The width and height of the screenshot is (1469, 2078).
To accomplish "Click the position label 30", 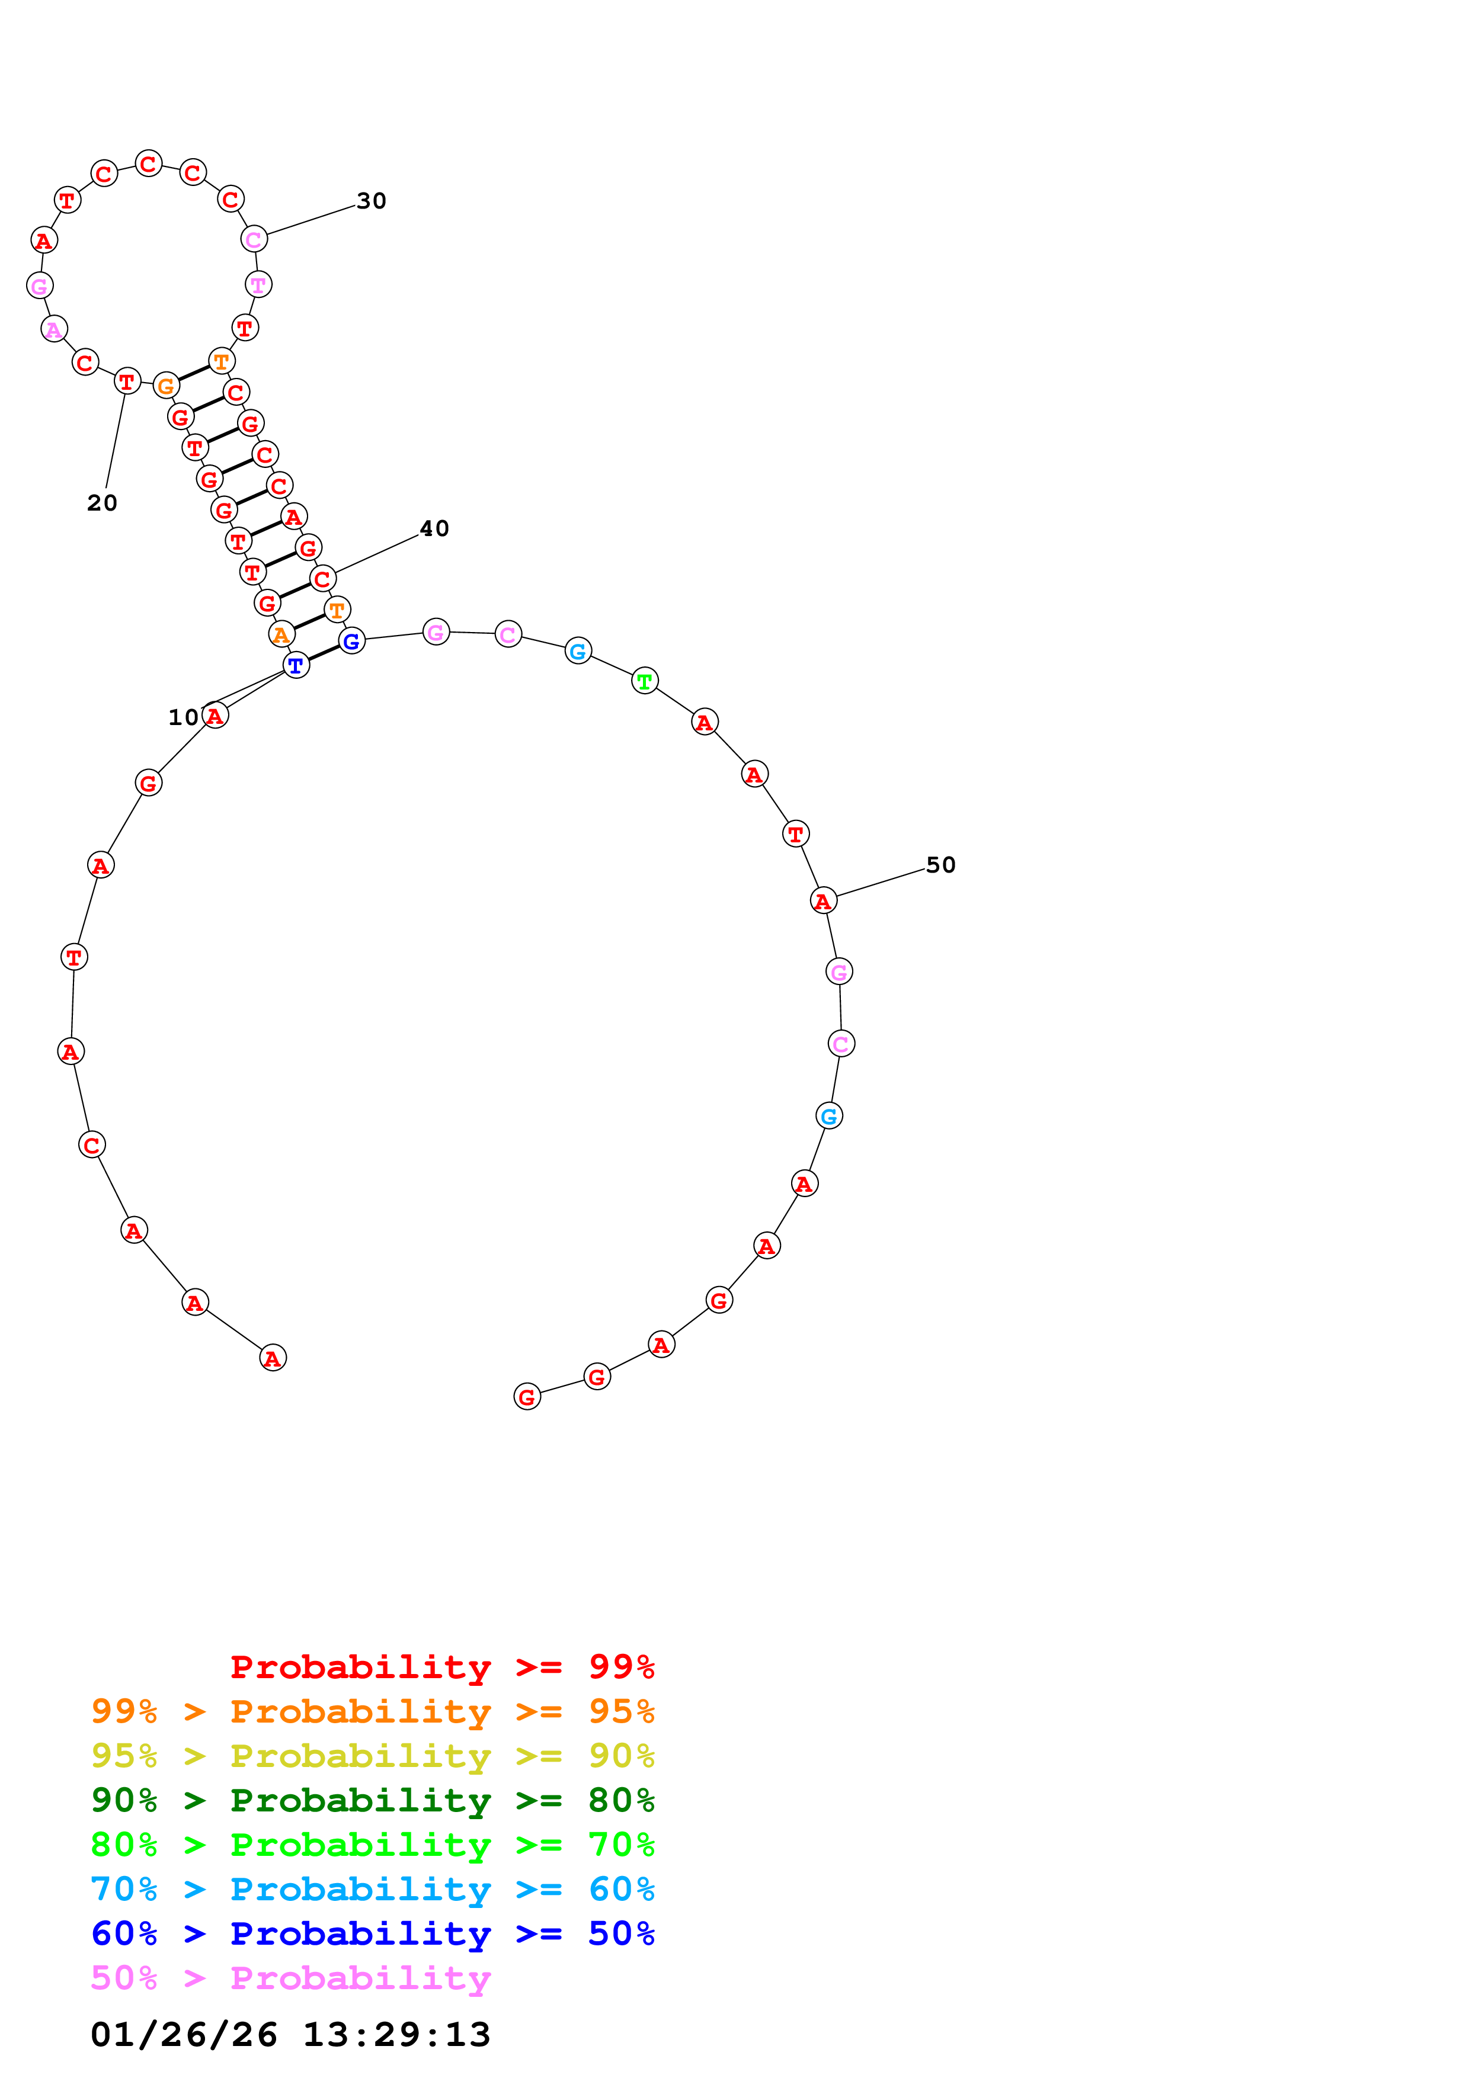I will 371,201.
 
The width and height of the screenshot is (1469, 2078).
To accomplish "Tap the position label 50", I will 940,865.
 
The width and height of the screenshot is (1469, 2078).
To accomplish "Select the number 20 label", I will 103,503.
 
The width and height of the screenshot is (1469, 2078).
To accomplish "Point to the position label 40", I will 434,528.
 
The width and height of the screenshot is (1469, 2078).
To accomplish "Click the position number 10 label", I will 183,718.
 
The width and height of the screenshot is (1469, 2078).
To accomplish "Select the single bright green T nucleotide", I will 645,681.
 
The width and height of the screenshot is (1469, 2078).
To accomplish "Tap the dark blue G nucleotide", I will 352,642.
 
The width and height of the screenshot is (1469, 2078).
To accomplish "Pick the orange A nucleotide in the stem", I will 281,636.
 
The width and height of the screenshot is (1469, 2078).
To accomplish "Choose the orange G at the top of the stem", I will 166,386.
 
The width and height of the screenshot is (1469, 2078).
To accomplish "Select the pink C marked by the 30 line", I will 254,240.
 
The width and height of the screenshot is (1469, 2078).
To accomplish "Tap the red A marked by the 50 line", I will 822,902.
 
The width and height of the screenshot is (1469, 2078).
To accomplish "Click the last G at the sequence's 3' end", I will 527,1397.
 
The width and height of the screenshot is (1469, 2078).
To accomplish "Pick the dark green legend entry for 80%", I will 372,1800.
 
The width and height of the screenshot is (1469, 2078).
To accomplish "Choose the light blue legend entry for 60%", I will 372,1889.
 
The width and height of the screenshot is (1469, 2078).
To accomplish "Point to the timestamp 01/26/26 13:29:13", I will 290,2035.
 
